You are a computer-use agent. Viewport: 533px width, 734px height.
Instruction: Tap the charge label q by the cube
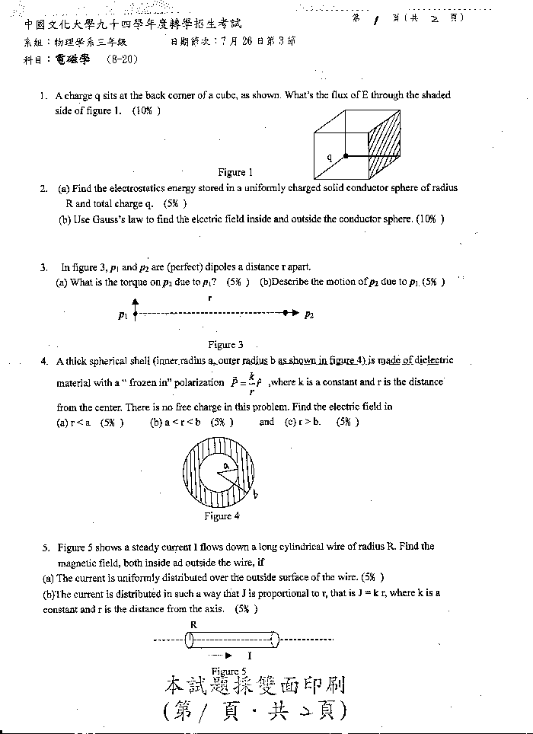(330, 158)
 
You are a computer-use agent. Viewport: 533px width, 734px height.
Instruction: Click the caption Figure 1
(235, 172)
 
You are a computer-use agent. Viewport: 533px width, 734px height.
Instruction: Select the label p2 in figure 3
(309, 314)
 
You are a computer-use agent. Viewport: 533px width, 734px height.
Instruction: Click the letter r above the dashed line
(209, 298)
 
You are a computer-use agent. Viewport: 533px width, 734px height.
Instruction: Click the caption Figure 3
(225, 345)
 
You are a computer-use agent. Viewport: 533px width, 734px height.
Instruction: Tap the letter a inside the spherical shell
(225, 464)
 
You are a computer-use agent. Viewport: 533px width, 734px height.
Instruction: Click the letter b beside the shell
(254, 495)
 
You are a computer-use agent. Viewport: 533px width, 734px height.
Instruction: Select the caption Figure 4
(222, 515)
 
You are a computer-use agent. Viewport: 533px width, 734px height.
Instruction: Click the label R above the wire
(194, 624)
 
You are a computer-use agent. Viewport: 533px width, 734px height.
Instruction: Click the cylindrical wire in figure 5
(232, 640)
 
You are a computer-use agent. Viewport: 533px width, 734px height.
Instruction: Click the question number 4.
(44, 361)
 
